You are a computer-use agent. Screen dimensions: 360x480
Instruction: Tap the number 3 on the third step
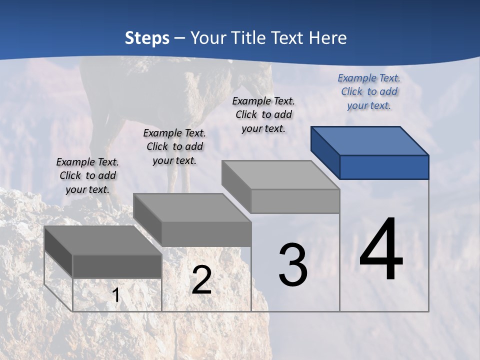tap(293, 265)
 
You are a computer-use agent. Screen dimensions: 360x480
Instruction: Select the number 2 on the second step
tap(201, 280)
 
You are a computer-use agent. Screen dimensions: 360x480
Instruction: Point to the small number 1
tap(115, 295)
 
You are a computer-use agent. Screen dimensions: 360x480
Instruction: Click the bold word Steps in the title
tap(147, 38)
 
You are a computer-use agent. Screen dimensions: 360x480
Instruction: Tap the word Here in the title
tap(328, 38)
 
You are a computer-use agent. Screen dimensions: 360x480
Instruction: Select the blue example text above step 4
tap(369, 91)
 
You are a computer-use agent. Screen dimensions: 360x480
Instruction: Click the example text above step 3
tap(263, 114)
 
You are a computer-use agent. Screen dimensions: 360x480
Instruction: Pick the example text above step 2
tap(174, 146)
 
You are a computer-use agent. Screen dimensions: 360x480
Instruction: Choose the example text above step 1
tap(87, 175)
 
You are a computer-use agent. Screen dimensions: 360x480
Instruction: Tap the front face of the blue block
tap(384, 167)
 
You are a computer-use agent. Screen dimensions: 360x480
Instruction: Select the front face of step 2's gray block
tap(206, 234)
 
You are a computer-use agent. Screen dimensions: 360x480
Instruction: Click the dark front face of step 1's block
tap(117, 266)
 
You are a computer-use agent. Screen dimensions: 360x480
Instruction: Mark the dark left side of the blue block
tap(325, 152)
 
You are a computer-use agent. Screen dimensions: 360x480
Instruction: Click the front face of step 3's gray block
tap(295, 201)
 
